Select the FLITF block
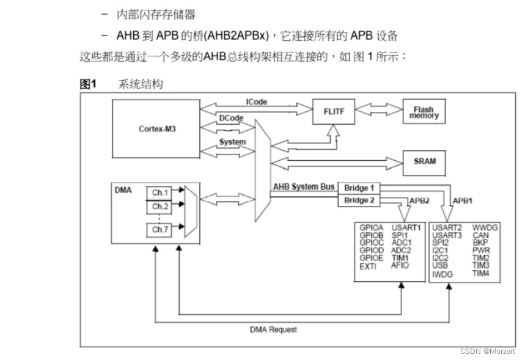pyautogui.click(x=334, y=111)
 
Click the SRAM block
pyautogui.click(x=424, y=161)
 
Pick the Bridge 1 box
pyautogui.click(x=359, y=188)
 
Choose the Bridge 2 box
pyautogui.click(x=359, y=200)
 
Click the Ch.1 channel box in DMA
pyautogui.click(x=160, y=193)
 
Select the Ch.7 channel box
pyautogui.click(x=160, y=230)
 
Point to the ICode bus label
pyautogui.click(x=257, y=102)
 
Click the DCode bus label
pyautogui.click(x=231, y=118)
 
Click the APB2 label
pyautogui.click(x=419, y=200)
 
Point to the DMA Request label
pyautogui.click(x=274, y=329)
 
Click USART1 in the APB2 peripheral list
pyautogui.click(x=406, y=228)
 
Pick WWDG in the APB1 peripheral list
pyautogui.click(x=485, y=228)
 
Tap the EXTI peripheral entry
pyautogui.click(x=368, y=266)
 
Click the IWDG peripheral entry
pyautogui.click(x=442, y=274)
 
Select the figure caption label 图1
pyautogui.click(x=89, y=84)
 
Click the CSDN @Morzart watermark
pyautogui.click(x=488, y=351)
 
